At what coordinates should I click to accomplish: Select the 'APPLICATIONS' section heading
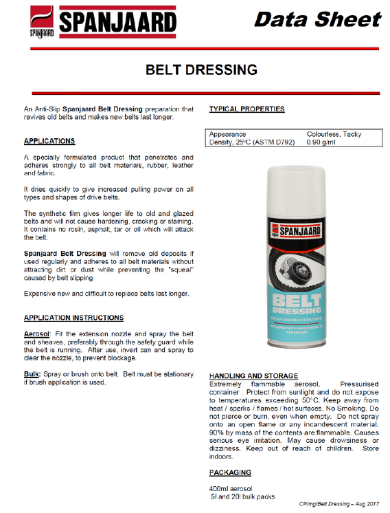click(x=49, y=141)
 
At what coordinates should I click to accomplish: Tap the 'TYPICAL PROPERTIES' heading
click(x=246, y=109)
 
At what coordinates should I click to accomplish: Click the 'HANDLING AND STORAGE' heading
click(x=253, y=376)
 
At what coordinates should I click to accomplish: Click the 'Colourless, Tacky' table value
click(x=334, y=134)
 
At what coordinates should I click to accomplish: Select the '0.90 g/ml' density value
click(x=321, y=142)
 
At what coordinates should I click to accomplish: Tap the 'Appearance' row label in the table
click(x=228, y=134)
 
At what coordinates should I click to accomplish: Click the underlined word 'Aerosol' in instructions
click(x=37, y=332)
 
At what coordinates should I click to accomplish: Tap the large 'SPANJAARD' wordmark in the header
click(x=116, y=22)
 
